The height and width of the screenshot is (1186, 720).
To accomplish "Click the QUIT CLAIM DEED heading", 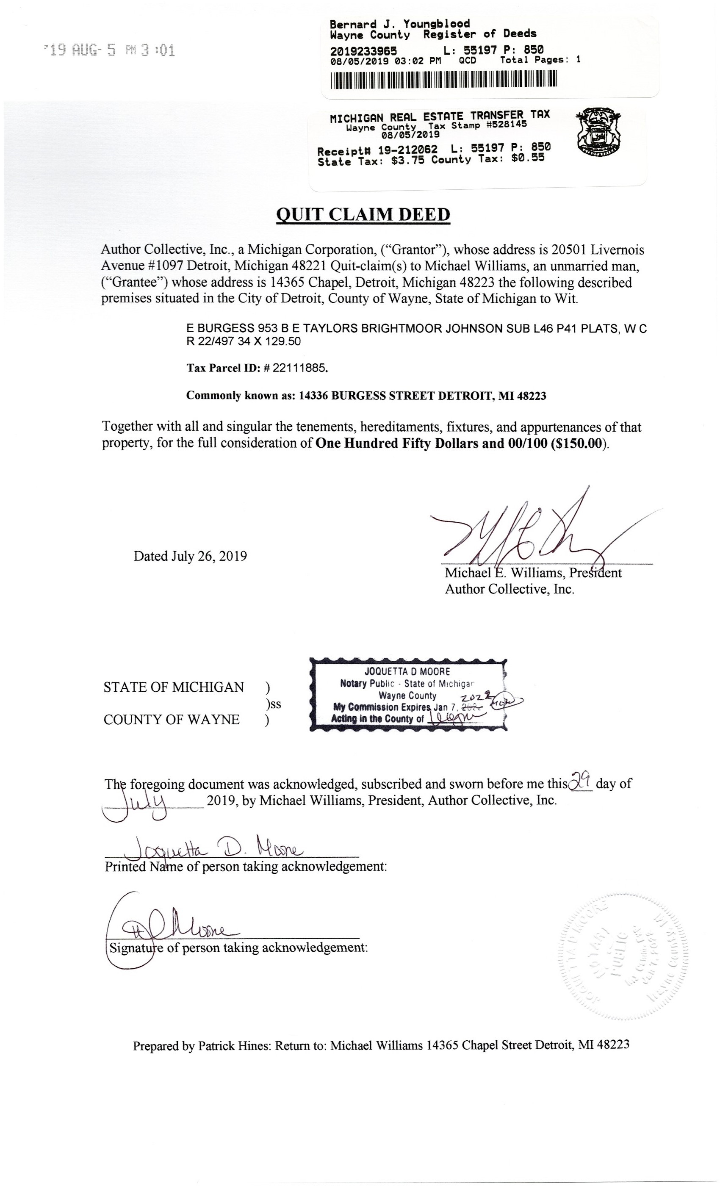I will tap(363, 214).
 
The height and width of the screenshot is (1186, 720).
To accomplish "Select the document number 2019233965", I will tap(363, 50).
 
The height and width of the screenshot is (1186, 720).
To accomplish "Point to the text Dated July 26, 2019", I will tap(190, 557).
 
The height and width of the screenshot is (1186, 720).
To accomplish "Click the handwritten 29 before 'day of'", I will tap(580, 779).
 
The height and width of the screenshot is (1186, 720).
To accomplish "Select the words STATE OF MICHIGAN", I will tap(173, 687).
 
